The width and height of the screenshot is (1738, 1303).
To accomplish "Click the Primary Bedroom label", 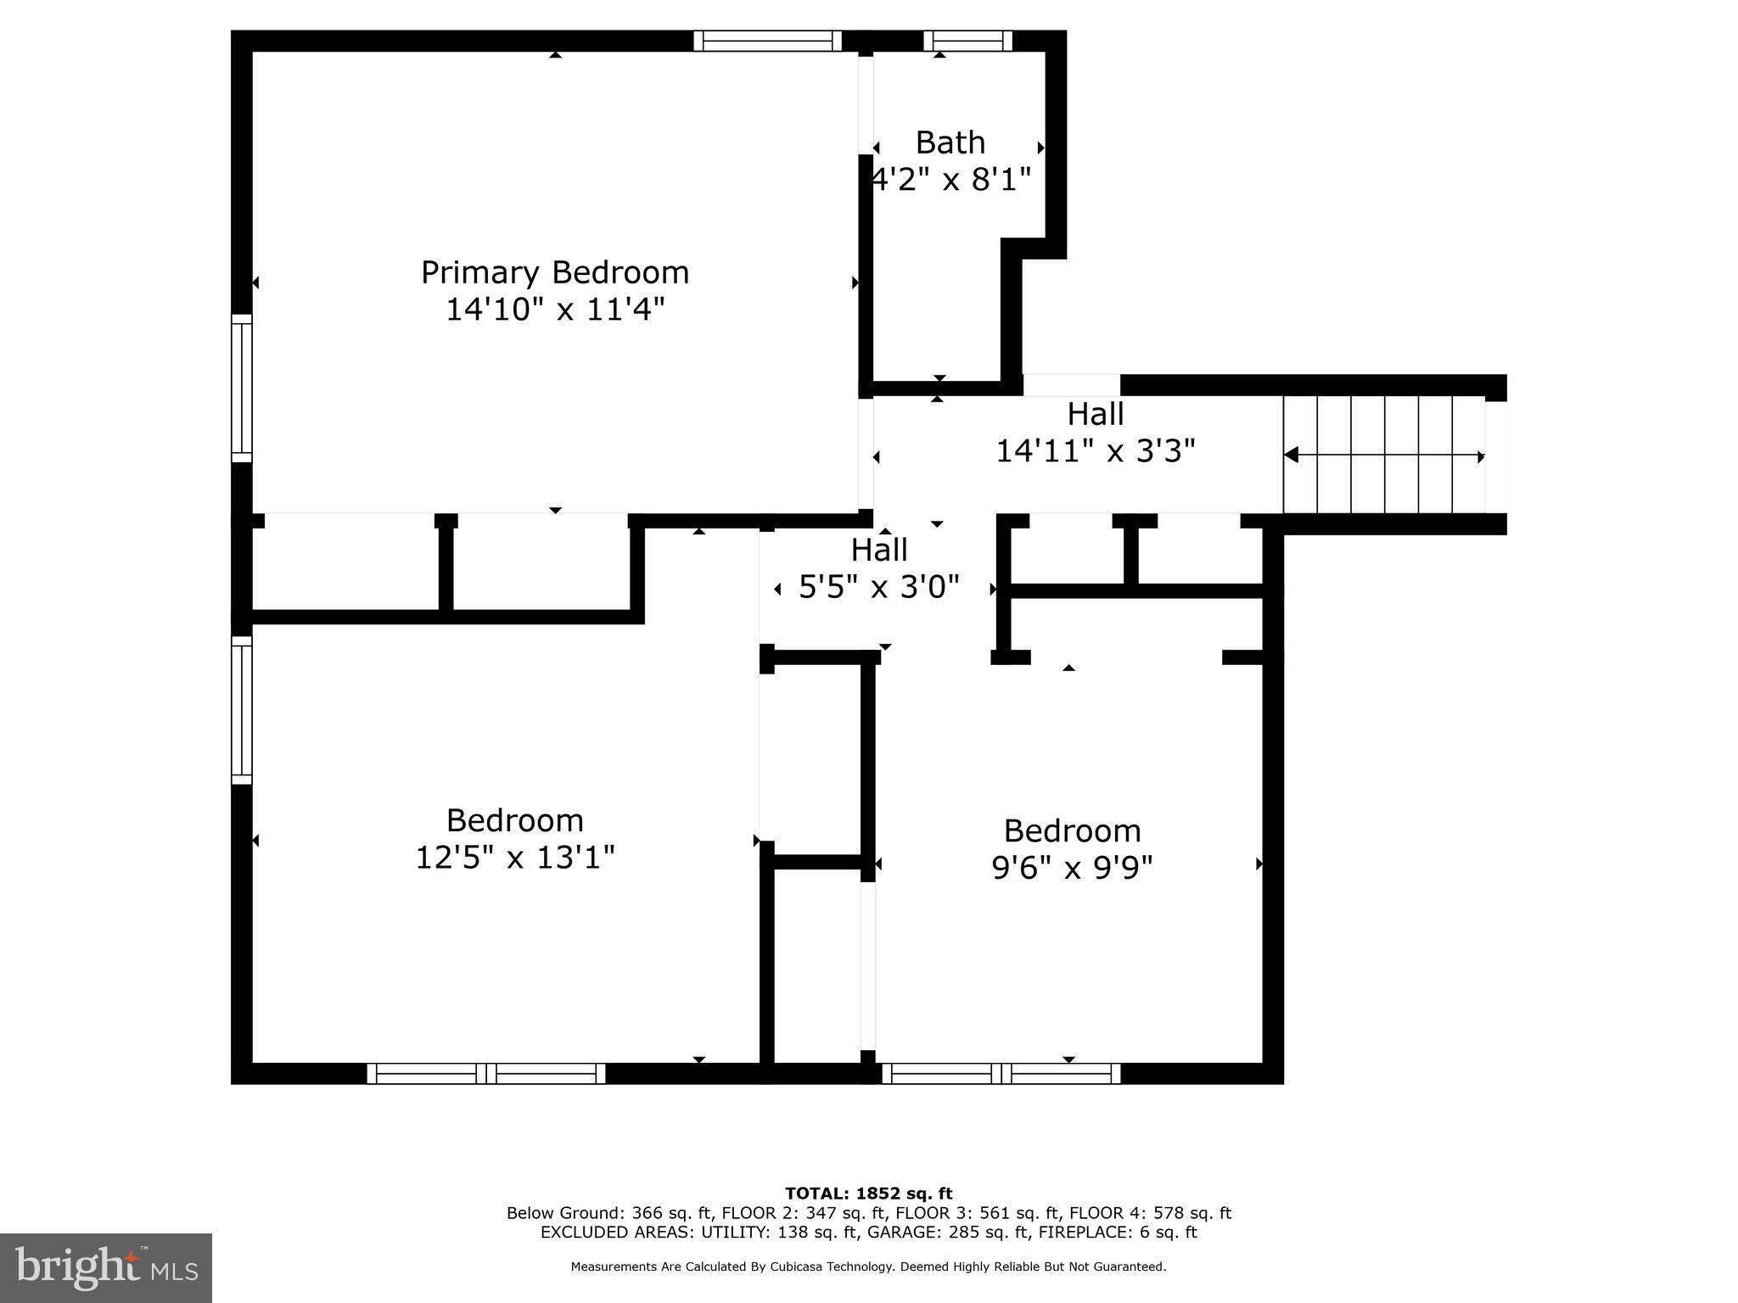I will click(555, 272).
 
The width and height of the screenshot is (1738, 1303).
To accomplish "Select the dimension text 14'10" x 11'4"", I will click(555, 310).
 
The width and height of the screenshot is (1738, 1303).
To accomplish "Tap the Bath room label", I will click(950, 143).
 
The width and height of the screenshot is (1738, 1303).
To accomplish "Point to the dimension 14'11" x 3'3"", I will click(1095, 450).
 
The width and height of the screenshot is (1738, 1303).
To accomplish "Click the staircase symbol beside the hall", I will click(1383, 456).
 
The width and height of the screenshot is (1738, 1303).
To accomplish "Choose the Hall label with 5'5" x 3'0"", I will click(879, 550).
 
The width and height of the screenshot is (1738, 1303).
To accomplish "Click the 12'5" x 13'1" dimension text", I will click(514, 858).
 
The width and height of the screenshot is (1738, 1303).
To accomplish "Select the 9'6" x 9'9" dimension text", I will click(1072, 868).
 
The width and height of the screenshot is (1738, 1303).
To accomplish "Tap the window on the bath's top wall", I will click(967, 41).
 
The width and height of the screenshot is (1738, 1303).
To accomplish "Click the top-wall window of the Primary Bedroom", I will click(767, 41).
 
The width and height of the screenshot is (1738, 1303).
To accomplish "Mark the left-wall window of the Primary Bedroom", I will click(242, 389).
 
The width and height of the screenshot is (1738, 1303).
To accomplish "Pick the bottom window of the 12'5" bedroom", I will click(486, 1073).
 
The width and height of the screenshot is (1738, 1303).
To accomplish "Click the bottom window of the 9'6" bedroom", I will click(1001, 1073).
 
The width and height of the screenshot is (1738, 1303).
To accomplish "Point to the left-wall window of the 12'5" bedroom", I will click(242, 710).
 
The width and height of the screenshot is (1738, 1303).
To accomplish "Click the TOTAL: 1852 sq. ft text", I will click(868, 1194).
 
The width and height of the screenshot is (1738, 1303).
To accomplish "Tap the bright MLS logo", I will click(105, 1267).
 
